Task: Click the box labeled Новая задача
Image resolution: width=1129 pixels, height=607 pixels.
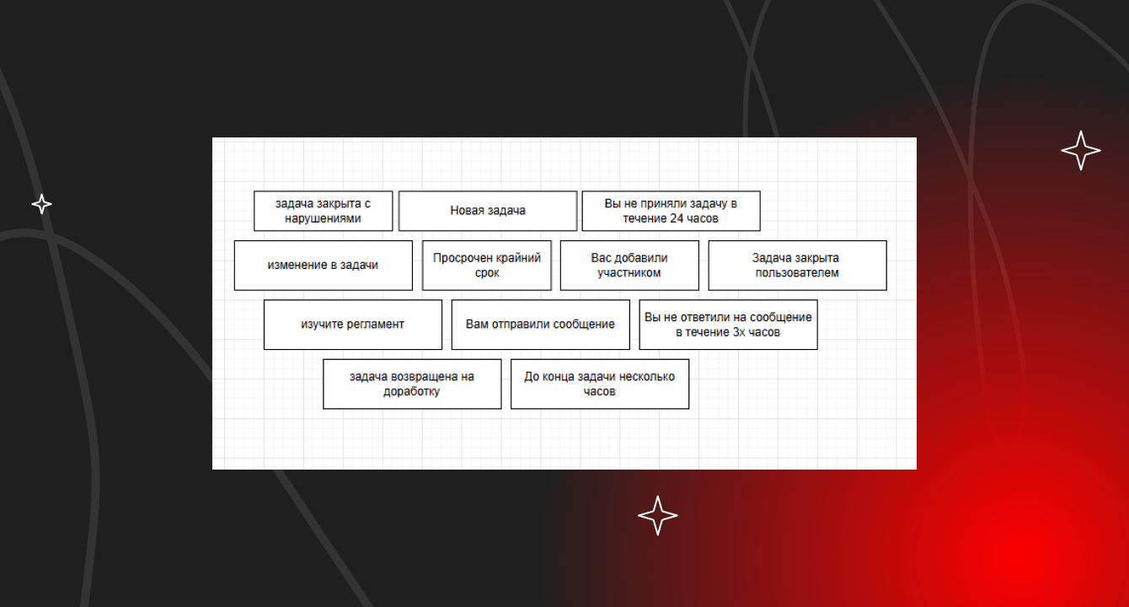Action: [488, 211]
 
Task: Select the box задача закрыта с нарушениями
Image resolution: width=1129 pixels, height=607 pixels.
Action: [324, 211]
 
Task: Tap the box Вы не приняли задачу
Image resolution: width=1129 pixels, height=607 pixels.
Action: [671, 211]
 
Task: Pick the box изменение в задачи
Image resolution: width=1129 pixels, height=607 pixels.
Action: [324, 266]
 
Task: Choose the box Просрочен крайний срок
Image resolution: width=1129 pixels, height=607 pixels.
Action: [487, 266]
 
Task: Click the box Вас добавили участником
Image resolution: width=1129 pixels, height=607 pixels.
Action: [629, 266]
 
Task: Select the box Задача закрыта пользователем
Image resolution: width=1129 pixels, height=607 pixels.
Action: [797, 266]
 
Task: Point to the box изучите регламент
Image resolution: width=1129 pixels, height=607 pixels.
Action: [353, 325]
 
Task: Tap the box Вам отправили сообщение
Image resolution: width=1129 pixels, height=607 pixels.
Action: [540, 325]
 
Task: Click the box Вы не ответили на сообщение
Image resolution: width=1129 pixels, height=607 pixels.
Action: [728, 325]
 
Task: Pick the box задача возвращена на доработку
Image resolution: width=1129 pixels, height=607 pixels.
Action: [412, 384]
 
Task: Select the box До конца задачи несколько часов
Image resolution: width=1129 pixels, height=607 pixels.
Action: [600, 384]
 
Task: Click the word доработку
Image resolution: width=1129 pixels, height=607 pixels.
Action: [411, 392]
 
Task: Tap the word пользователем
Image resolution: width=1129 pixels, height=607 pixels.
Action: [797, 273]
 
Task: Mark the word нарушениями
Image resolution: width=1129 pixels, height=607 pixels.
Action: [323, 219]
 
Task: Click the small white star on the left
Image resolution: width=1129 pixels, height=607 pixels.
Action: [41, 204]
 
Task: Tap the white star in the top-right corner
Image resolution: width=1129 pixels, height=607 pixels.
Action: [1081, 151]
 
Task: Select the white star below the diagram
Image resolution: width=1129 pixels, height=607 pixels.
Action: [658, 515]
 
